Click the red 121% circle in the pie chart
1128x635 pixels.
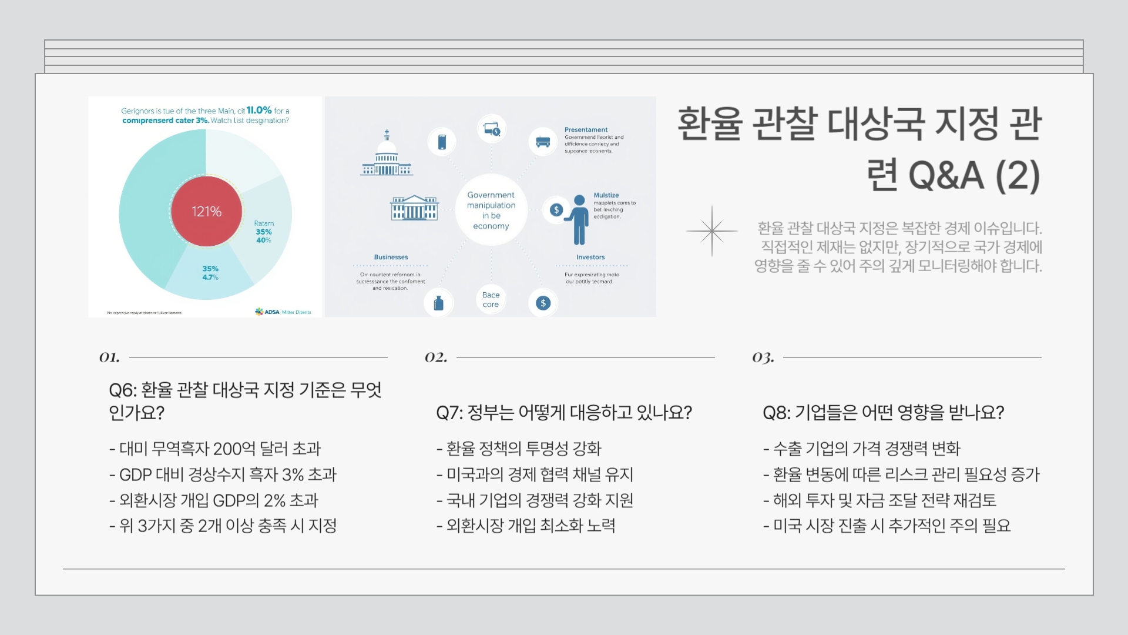tap(206, 211)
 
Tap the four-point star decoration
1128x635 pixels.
tap(711, 231)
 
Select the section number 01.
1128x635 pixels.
tap(109, 357)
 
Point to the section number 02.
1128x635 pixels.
tap(436, 357)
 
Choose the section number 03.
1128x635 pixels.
tap(763, 357)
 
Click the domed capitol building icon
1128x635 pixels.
tap(387, 154)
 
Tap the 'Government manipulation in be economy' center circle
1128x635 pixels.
tap(491, 210)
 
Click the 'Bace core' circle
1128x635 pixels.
tap(491, 299)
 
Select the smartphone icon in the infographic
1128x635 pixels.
tap(442, 142)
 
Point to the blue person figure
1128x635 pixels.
tap(579, 219)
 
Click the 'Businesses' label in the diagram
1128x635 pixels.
tap(391, 257)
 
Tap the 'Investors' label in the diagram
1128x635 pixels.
tap(590, 257)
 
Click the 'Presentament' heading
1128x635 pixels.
tap(586, 129)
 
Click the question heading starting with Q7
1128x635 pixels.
tap(564, 413)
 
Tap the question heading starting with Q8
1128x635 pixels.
tap(883, 413)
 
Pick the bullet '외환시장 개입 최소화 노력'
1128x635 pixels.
tap(526, 526)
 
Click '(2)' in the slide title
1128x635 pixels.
tap(1018, 175)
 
